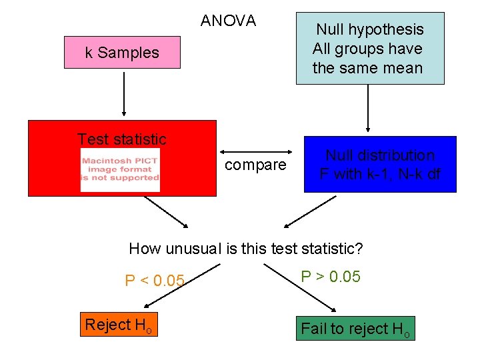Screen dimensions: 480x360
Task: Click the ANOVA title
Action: [228, 21]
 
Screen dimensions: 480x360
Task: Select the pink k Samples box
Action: [122, 53]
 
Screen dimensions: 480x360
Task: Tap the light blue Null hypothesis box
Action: [370, 49]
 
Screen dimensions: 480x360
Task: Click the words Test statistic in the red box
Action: [122, 139]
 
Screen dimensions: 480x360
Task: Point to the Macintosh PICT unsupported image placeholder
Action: [121, 170]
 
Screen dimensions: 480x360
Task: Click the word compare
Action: [255, 164]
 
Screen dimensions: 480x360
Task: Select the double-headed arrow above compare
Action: [259, 149]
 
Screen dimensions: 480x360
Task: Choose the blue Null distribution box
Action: [380, 164]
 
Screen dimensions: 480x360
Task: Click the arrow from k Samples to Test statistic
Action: [123, 93]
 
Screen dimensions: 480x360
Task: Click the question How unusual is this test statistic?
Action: [245, 249]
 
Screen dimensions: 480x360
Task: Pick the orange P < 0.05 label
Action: [154, 281]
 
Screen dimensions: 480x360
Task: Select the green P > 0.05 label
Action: [331, 277]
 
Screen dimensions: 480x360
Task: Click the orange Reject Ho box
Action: [119, 325]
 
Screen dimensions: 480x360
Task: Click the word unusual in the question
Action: [193, 249]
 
